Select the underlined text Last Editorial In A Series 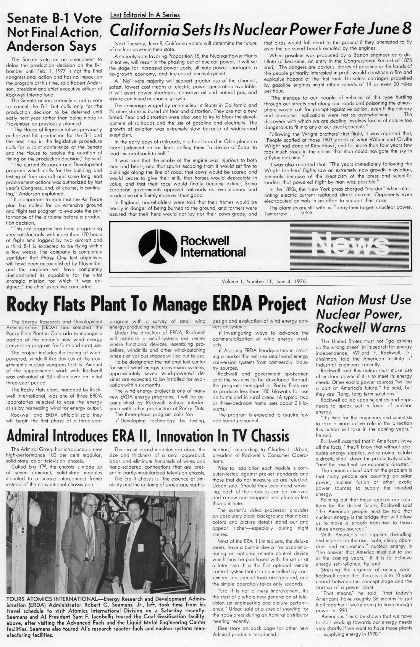(145, 15)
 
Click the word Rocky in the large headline (29, 304)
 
